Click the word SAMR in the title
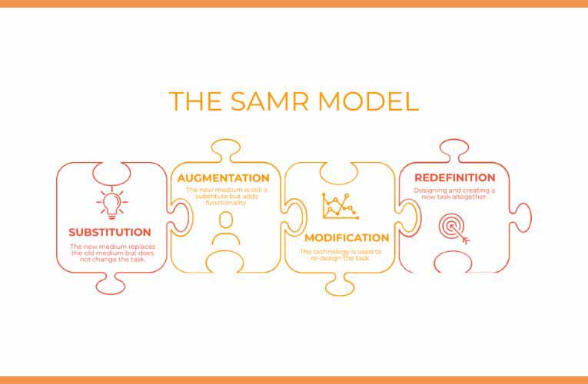tap(269, 101)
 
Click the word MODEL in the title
tap(368, 101)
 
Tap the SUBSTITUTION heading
tap(110, 232)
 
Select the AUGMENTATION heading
tap(224, 178)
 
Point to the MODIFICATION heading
tap(347, 238)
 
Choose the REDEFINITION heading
tap(455, 177)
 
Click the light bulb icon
tap(111, 203)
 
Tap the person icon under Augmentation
tap(226, 229)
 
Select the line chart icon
tap(341, 206)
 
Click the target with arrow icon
tap(453, 229)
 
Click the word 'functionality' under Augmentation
tap(226, 203)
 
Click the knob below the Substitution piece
tap(111, 284)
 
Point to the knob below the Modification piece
tap(340, 285)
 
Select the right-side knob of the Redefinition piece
tap(521, 217)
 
